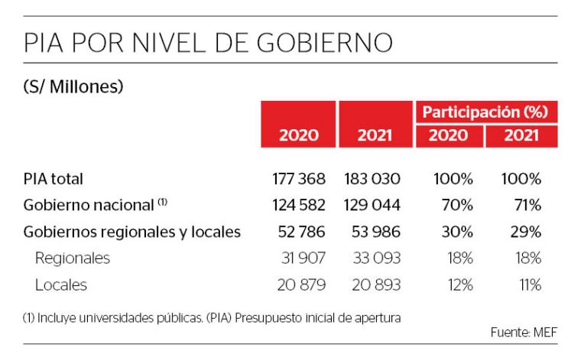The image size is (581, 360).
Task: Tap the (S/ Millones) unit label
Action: tap(73, 87)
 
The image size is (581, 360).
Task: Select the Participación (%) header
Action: tap(485, 112)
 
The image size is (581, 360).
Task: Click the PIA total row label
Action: tap(54, 179)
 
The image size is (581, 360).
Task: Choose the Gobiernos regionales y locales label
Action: tap(132, 232)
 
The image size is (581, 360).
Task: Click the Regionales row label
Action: tap(73, 258)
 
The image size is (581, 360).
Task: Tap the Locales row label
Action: tap(61, 285)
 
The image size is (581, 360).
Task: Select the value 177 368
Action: tap(299, 179)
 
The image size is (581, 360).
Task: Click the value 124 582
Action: tap(299, 205)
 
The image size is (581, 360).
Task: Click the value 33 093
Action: tap(375, 258)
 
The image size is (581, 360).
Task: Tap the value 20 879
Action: tap(300, 285)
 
